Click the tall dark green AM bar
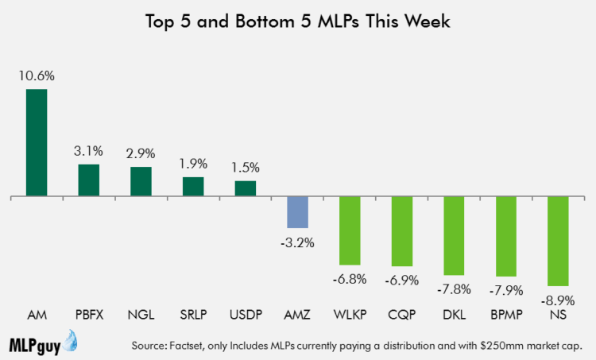(x=37, y=142)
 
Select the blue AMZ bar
(x=298, y=212)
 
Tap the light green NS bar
(x=558, y=241)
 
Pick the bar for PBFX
(x=89, y=180)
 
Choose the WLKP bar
(x=350, y=230)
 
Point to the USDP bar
(x=246, y=188)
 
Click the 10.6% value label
(x=37, y=76)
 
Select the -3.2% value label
(x=298, y=242)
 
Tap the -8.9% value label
(x=558, y=300)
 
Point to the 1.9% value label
(x=193, y=164)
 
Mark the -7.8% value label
(x=454, y=289)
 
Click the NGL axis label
(x=141, y=315)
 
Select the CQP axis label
(x=402, y=315)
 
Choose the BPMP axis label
(x=506, y=315)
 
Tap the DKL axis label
(x=454, y=315)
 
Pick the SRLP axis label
(x=193, y=315)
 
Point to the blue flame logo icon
(x=70, y=341)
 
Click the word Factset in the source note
(x=186, y=346)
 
